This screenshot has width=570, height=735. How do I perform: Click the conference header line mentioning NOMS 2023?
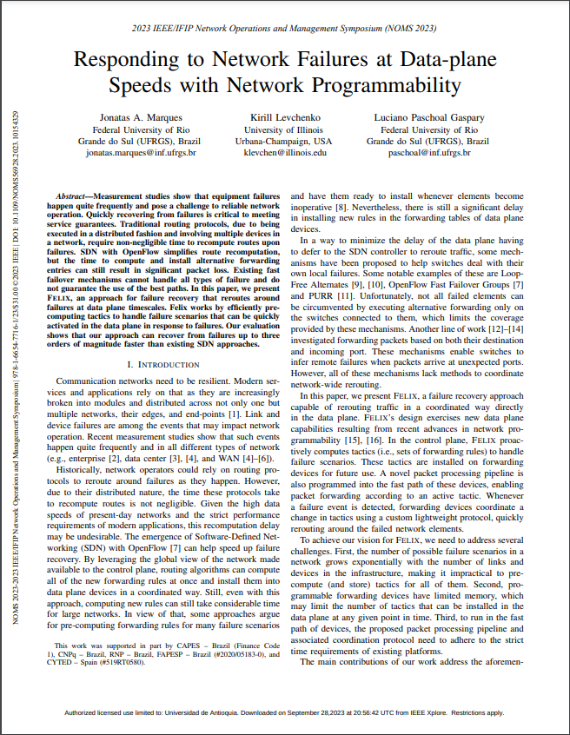285,29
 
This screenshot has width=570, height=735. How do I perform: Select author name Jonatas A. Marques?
129,116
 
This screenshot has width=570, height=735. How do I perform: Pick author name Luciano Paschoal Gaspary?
427,116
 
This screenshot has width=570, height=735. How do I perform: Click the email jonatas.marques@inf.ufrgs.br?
129,152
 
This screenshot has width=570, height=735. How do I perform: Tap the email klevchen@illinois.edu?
283,152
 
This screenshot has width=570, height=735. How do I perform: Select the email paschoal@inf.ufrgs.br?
427,152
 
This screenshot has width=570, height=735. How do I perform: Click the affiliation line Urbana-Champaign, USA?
283,140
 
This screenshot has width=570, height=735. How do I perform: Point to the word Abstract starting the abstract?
74,198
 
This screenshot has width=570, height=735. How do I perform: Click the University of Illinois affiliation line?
283,129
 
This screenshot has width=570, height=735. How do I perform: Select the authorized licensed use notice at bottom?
285,712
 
